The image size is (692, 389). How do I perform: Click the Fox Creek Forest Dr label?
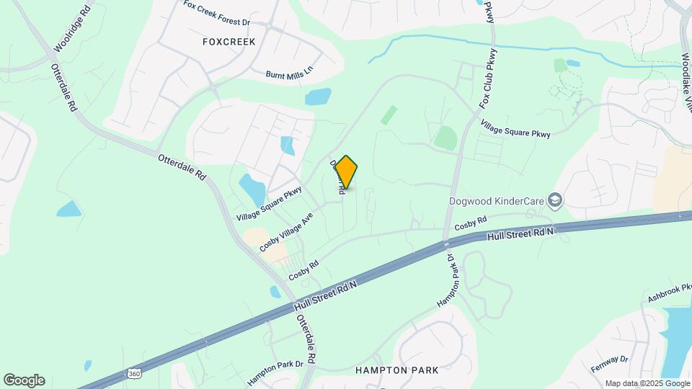click(216, 13)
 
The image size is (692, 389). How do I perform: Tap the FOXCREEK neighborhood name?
click(229, 42)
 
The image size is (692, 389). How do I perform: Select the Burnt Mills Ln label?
click(290, 74)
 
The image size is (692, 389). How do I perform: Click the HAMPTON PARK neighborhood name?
click(396, 370)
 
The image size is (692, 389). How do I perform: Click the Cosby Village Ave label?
click(286, 231)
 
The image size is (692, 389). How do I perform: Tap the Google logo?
click(24, 380)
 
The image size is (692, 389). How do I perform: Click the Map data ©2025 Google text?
click(647, 383)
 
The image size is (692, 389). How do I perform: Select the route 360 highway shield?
click(133, 374)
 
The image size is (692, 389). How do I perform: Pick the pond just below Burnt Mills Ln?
click(318, 97)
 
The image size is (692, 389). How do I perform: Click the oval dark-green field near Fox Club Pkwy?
click(445, 138)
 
